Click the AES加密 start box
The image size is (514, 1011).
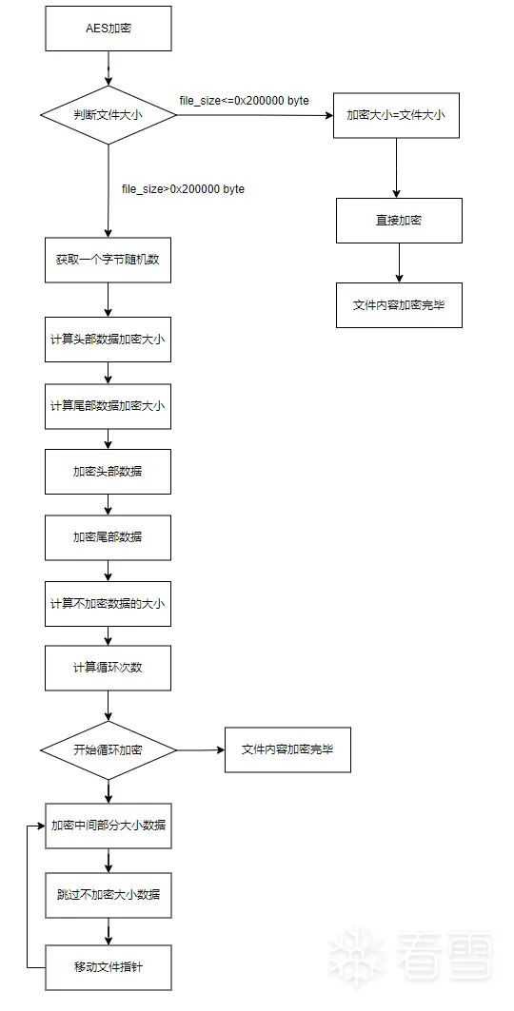click(109, 29)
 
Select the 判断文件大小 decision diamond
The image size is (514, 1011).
click(109, 115)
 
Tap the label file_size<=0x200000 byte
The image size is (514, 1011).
click(245, 101)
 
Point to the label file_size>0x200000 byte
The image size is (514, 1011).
click(183, 189)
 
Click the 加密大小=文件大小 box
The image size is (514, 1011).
click(396, 115)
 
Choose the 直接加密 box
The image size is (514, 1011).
click(399, 221)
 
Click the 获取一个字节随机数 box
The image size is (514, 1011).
click(109, 260)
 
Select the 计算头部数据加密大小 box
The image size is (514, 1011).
click(109, 340)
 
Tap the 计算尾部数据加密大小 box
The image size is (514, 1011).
click(109, 406)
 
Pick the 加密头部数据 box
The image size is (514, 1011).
click(109, 472)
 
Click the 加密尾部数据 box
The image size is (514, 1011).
click(109, 537)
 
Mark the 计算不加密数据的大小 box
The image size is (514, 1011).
click(109, 604)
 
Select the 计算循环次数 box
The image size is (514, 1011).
click(109, 668)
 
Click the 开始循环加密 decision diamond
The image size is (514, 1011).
click(109, 750)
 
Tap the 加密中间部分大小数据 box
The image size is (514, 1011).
click(109, 826)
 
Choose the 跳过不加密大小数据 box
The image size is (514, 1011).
click(109, 895)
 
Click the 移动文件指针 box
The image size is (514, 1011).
click(109, 967)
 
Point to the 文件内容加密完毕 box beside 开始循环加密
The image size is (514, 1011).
click(287, 749)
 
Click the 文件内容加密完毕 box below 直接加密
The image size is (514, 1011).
click(399, 305)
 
